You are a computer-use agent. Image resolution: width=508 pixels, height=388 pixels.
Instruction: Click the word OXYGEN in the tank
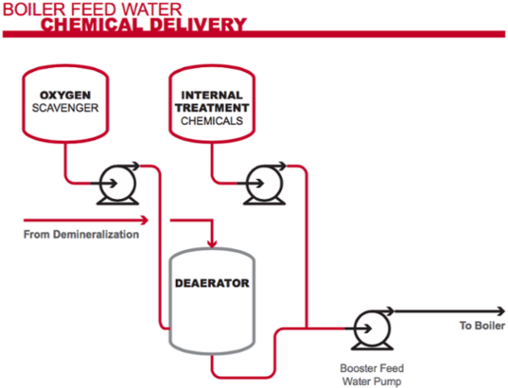point(63,95)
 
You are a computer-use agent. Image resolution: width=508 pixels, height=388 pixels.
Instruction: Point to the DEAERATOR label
point(212,283)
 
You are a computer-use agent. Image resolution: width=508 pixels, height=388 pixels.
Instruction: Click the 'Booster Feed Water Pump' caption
point(372,374)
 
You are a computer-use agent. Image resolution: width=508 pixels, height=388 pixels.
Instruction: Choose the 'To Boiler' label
point(481,325)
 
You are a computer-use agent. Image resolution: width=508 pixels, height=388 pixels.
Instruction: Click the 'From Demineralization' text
point(81,235)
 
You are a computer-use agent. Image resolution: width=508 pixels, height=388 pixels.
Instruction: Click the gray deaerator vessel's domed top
point(212,256)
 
